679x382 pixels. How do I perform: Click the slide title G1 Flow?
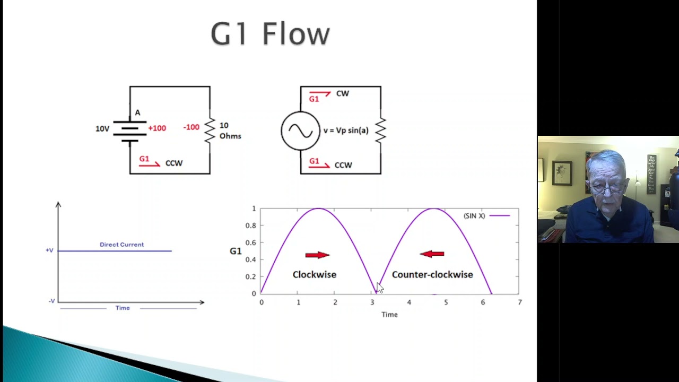click(x=270, y=34)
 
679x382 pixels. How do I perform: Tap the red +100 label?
click(x=157, y=128)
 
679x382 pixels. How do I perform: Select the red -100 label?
click(x=191, y=127)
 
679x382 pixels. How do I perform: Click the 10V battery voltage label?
click(x=102, y=129)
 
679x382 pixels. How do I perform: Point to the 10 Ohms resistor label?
click(x=230, y=131)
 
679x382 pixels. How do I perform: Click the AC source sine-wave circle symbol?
click(x=300, y=131)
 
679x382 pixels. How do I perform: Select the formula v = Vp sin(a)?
click(x=346, y=131)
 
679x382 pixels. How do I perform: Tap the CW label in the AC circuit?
click(x=342, y=93)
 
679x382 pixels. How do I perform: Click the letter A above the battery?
click(x=137, y=112)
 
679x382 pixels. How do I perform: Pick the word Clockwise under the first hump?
click(x=315, y=274)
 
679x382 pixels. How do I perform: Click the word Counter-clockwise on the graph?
click(x=432, y=274)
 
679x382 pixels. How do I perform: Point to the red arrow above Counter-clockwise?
click(x=432, y=254)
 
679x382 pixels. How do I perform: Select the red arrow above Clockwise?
click(x=317, y=255)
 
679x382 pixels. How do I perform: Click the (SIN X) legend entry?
click(x=474, y=216)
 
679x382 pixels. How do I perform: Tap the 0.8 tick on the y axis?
click(x=250, y=225)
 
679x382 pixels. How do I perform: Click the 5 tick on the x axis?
click(x=446, y=302)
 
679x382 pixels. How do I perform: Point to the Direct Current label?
click(x=121, y=245)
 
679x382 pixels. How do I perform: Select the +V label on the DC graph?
click(x=49, y=250)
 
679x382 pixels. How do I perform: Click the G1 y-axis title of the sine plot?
click(x=236, y=251)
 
